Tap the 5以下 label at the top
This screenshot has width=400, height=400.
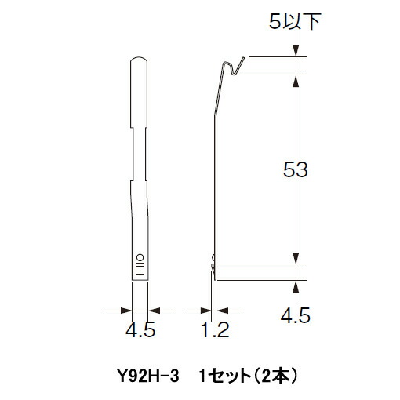[x=296, y=22]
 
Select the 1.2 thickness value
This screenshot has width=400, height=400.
[x=212, y=331]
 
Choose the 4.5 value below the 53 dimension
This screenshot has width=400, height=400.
[x=296, y=315]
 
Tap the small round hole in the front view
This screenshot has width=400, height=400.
[x=140, y=256]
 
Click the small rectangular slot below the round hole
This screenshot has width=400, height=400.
[x=140, y=269]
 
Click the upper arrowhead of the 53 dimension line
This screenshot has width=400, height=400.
[x=296, y=82]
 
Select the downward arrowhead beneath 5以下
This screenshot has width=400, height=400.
[x=296, y=51]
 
